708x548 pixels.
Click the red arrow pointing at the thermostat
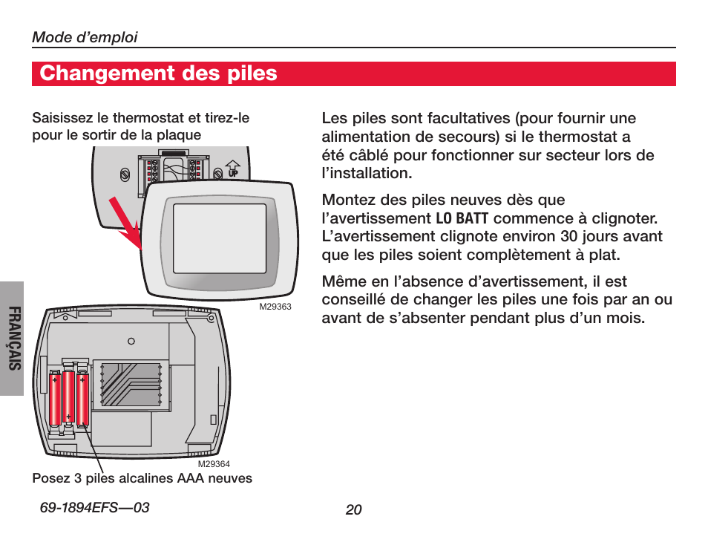pyautogui.click(x=125, y=223)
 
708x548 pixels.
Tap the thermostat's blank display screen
pyautogui.click(x=219, y=237)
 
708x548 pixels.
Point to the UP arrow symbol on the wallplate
pyautogui.click(x=232, y=169)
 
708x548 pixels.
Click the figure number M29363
pyautogui.click(x=275, y=307)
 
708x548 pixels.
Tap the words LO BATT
pyautogui.click(x=462, y=218)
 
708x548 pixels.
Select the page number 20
pyautogui.click(x=353, y=510)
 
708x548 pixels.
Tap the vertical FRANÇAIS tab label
pyautogui.click(x=13, y=339)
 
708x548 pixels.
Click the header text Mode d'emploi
pyautogui.click(x=85, y=37)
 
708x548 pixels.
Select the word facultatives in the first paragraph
pyautogui.click(x=464, y=119)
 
